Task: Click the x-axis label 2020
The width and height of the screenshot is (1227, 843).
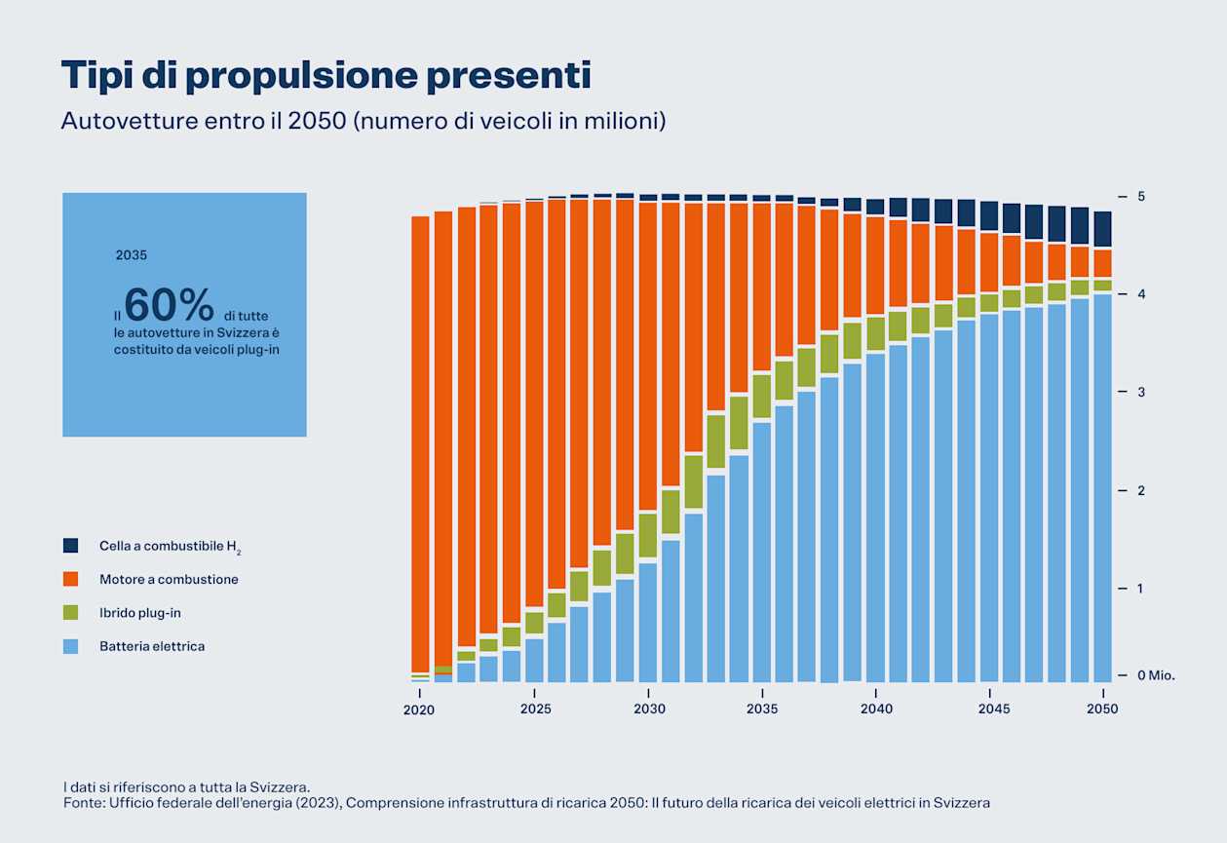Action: click(420, 709)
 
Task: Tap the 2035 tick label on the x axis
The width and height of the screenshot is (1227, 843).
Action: click(762, 709)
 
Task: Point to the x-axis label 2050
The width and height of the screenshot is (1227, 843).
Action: click(1103, 709)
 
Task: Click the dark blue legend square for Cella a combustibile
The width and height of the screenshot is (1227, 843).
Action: click(70, 546)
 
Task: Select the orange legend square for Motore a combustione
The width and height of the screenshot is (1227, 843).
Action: click(70, 579)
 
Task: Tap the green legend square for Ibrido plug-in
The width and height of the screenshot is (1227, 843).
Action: click(70, 613)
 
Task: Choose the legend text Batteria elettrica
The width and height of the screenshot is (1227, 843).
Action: click(152, 646)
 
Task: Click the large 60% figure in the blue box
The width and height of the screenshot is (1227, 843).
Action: click(170, 305)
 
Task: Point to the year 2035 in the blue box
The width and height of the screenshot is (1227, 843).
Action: click(132, 255)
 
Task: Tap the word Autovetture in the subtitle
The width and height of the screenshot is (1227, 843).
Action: click(113, 122)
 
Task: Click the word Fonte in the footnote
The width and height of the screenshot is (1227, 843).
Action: click(83, 803)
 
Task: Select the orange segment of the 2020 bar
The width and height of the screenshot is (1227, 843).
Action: click(420, 439)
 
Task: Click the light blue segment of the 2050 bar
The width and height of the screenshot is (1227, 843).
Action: click(1102, 487)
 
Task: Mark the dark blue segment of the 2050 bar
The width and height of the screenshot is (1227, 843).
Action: click(1102, 229)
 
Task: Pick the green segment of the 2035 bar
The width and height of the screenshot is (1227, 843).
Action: click(762, 396)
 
